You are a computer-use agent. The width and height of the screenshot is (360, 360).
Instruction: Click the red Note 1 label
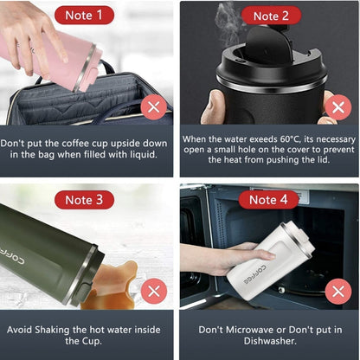coord(84,16)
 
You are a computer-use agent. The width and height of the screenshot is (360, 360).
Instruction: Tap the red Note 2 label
coord(266,16)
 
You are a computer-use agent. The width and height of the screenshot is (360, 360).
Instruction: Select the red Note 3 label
coord(84,200)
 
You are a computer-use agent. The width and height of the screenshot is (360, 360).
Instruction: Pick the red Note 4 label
coord(266,200)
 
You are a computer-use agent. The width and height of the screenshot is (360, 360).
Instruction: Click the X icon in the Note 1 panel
coord(155,107)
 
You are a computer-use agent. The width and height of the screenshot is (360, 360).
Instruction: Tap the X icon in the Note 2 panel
coord(337,107)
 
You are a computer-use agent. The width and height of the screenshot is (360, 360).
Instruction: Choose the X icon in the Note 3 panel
coord(155,291)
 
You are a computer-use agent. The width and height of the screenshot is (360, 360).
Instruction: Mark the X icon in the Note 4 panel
coord(337,291)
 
